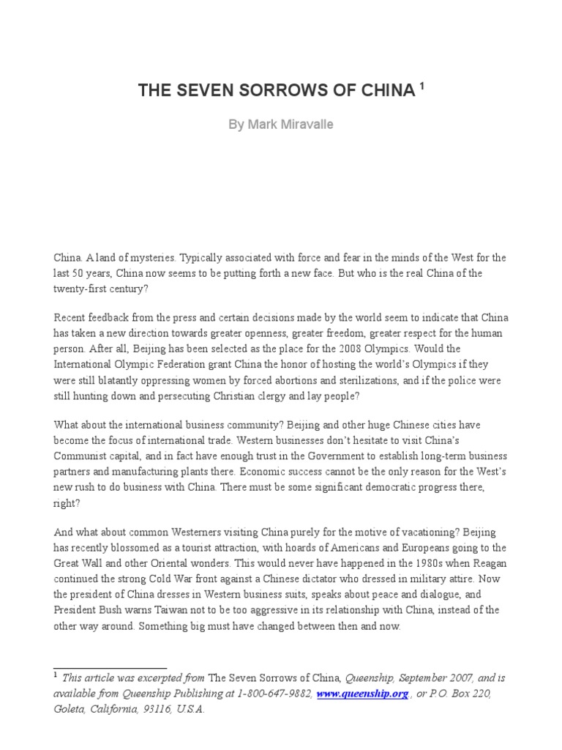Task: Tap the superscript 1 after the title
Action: coord(421,86)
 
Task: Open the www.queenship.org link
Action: coord(362,694)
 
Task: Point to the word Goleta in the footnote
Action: coord(70,709)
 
